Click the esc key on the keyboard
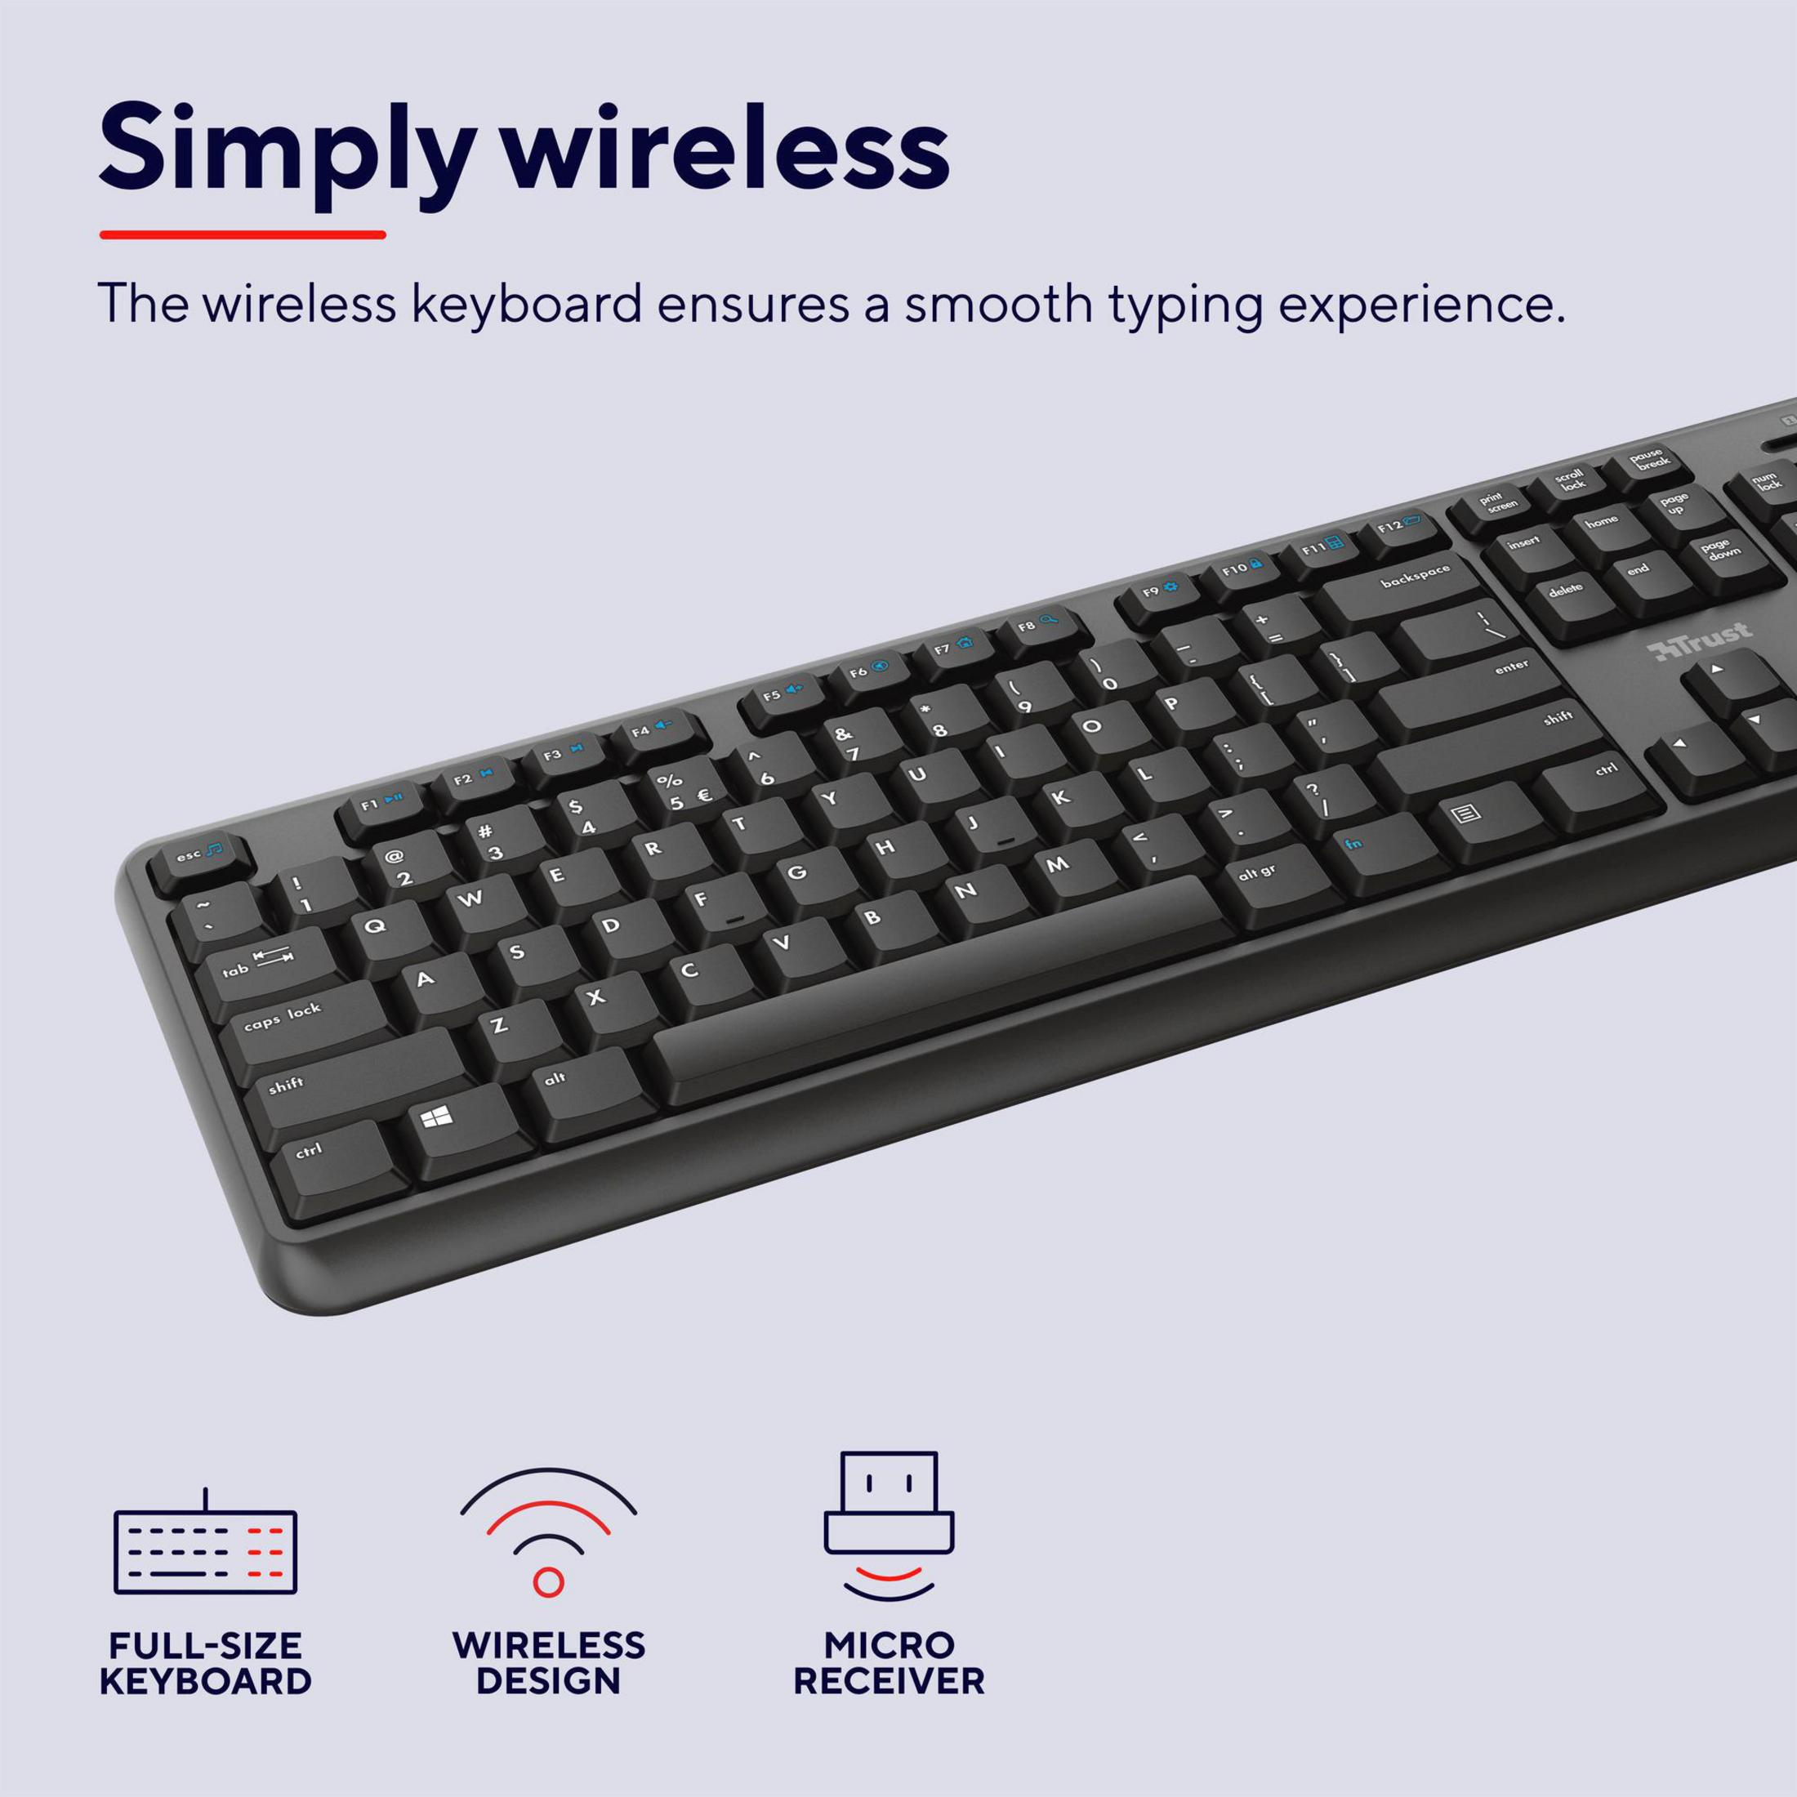click(x=196, y=860)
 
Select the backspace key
click(x=1402, y=594)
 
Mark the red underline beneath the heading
click(x=243, y=234)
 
